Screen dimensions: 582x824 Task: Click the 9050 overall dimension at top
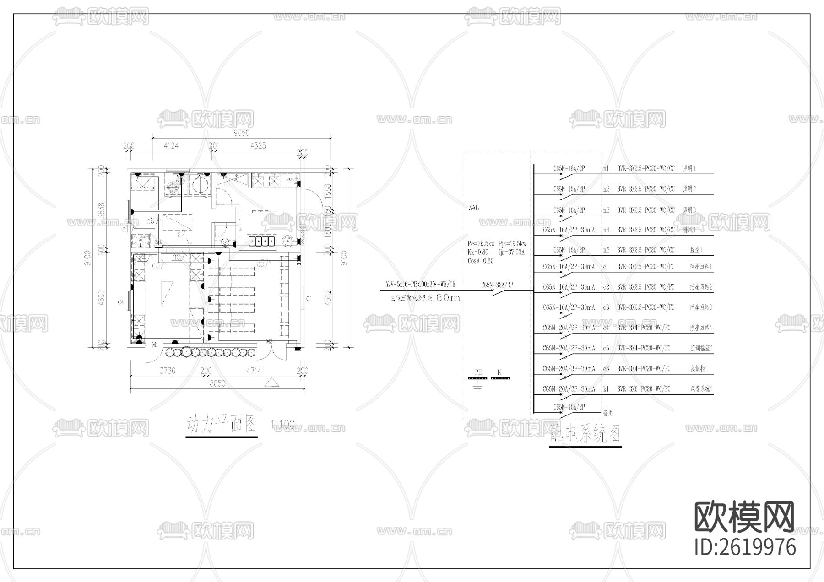(241, 133)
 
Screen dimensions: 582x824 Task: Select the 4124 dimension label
(171, 146)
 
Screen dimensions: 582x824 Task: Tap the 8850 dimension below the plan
(217, 384)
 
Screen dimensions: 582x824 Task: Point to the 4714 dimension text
(254, 371)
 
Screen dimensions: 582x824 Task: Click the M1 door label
(155, 344)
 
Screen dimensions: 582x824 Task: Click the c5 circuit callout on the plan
(262, 264)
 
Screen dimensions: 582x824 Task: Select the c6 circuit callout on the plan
(150, 221)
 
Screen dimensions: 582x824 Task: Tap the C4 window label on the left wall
(121, 302)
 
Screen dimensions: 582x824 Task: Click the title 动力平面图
(222, 425)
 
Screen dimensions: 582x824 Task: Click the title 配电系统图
(585, 434)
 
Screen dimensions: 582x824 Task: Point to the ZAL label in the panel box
(473, 207)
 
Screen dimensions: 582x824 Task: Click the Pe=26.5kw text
(481, 244)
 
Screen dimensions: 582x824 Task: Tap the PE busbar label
(478, 372)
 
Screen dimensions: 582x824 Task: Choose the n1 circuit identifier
(606, 168)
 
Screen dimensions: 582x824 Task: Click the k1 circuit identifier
(606, 389)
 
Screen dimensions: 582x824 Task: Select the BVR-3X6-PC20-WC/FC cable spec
(643, 389)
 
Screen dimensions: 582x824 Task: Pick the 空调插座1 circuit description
(701, 348)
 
